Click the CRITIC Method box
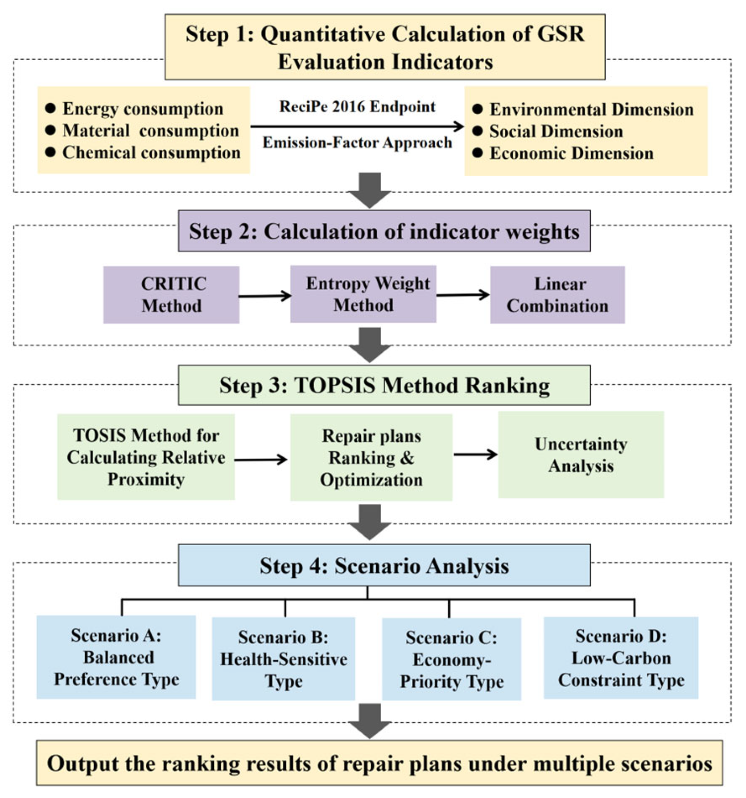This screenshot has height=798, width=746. click(x=171, y=295)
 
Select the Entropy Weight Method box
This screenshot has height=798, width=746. click(x=363, y=294)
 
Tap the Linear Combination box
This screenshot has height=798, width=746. click(x=557, y=295)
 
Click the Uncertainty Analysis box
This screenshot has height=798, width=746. click(x=581, y=455)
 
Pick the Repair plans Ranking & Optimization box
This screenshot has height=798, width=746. click(x=371, y=457)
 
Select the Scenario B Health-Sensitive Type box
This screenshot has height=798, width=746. click(x=284, y=658)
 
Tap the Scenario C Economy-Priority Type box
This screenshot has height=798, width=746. click(x=452, y=659)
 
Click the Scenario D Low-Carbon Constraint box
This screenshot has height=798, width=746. click(x=621, y=658)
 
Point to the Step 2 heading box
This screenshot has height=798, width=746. click(x=384, y=231)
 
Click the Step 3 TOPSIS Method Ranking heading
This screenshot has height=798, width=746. click(x=384, y=385)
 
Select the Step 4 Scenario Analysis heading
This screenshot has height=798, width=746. click(x=384, y=565)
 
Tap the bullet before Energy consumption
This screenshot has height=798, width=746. click(x=50, y=108)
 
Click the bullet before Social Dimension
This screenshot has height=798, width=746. click(x=478, y=131)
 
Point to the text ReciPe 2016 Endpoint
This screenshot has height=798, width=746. click(x=357, y=107)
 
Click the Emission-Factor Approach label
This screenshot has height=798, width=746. click(x=357, y=143)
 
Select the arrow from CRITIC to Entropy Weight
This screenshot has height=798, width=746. click(x=265, y=296)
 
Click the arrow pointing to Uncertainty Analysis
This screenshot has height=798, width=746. click(x=475, y=454)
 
